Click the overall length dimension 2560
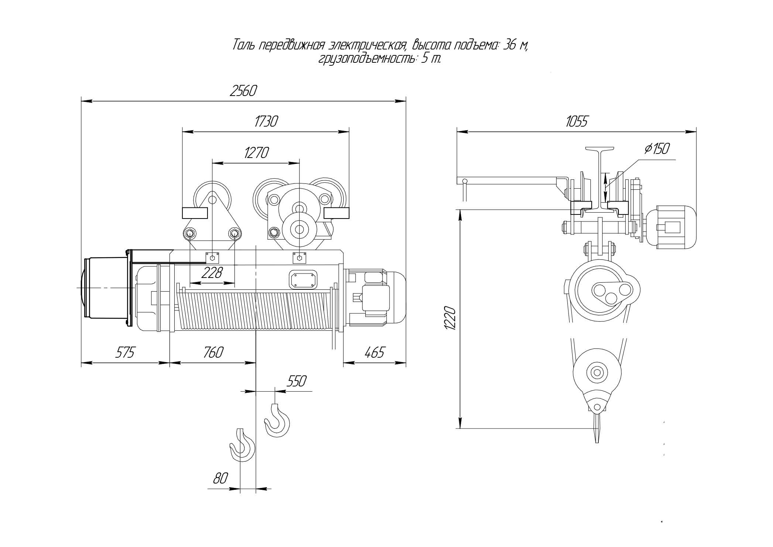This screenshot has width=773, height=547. tap(243, 91)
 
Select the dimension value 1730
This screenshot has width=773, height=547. tap(266, 121)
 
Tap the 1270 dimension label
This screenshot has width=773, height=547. tap(256, 152)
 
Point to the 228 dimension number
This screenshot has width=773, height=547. tap(213, 273)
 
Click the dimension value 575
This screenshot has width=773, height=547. tap(125, 352)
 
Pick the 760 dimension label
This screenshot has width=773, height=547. tap(213, 352)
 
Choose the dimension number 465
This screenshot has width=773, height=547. tap(374, 352)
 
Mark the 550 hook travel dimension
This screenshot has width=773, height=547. tap(296, 381)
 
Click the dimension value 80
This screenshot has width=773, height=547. tap(220, 478)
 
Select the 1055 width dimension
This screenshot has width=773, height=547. tap(576, 121)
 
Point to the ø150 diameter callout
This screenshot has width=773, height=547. tap(657, 148)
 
